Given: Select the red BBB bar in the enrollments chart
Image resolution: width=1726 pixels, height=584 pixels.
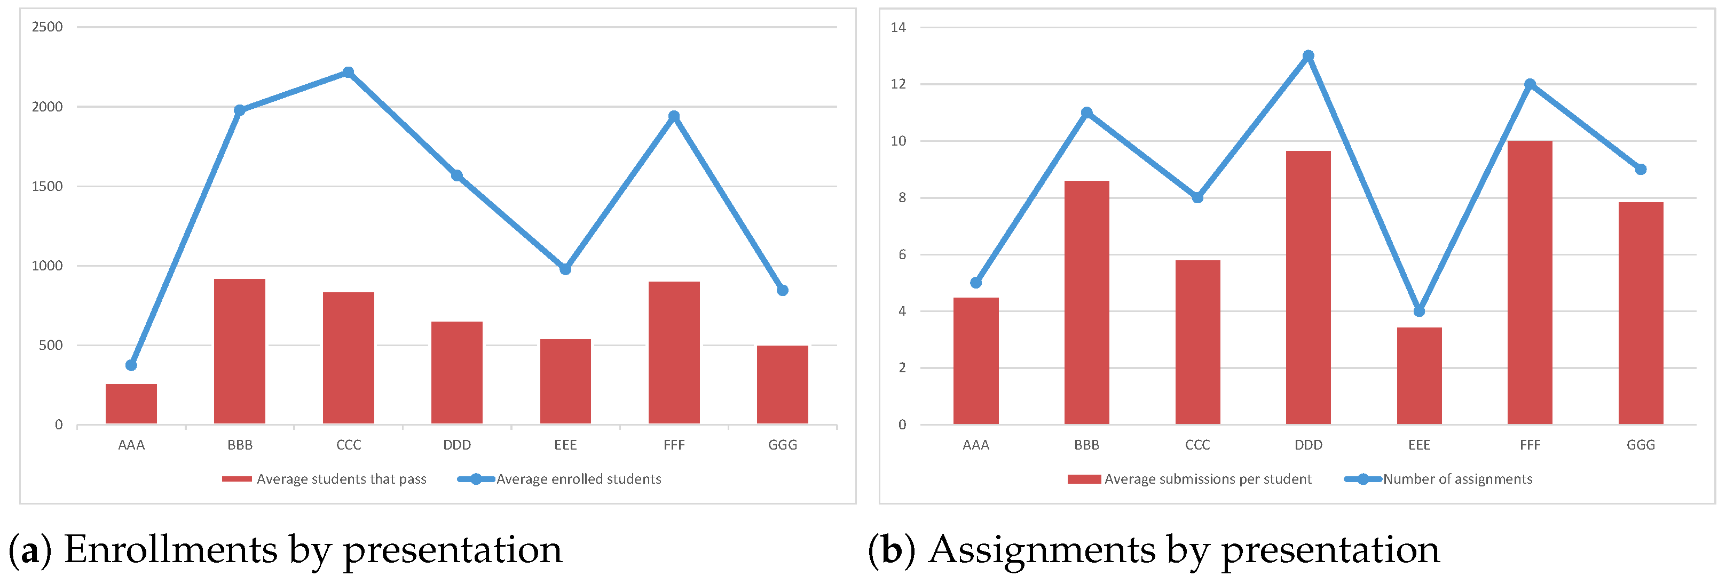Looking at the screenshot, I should [239, 351].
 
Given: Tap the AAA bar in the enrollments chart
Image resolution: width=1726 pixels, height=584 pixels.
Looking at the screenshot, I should [131, 403].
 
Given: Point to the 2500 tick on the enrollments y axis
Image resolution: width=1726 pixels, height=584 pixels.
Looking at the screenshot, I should [47, 27].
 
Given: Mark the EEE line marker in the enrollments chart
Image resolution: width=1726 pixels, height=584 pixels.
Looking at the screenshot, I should [565, 269].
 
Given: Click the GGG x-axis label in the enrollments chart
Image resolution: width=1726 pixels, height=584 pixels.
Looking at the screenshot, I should [783, 445].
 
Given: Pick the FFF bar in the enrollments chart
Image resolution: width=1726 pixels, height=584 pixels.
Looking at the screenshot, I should [674, 353].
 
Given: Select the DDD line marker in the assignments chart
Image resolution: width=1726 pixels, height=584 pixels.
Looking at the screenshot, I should [1309, 56].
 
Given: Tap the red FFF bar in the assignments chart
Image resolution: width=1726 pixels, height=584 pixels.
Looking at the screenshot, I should [1530, 282].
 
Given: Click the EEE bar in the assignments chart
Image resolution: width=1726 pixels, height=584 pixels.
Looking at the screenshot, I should [1419, 375].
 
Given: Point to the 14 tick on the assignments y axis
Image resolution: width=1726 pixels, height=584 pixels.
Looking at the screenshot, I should [899, 27].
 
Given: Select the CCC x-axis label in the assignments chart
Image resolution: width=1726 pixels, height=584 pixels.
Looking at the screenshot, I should [1197, 445].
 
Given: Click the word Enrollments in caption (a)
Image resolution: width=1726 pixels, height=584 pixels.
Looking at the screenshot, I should [170, 550].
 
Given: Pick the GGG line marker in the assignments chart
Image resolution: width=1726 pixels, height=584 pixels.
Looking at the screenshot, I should [1640, 170].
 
